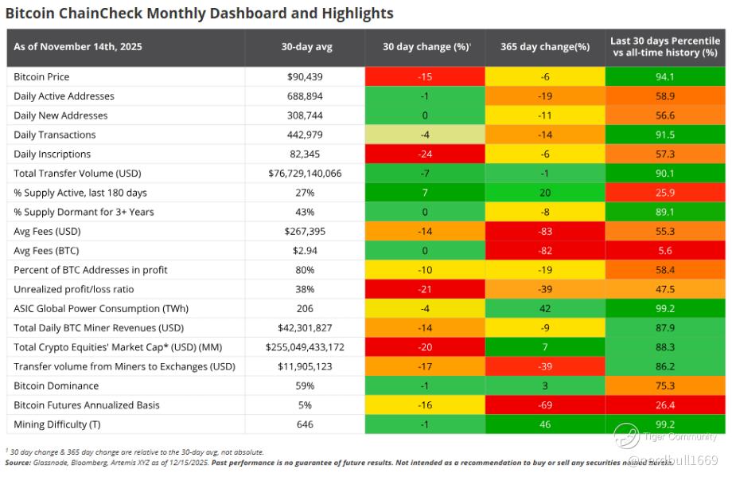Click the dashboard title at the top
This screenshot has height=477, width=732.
point(200,14)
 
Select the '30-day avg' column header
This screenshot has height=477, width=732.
point(306,47)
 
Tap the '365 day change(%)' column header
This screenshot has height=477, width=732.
point(545,47)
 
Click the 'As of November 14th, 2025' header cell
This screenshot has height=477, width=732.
point(78,47)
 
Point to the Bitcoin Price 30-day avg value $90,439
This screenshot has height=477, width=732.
point(306,76)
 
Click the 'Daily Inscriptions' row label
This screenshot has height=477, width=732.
point(53,154)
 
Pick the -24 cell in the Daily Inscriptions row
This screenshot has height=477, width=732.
point(425,154)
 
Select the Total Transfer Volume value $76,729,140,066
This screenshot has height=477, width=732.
point(306,173)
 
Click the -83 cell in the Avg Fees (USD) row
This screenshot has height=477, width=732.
point(545,231)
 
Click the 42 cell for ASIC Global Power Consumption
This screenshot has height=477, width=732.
point(545,308)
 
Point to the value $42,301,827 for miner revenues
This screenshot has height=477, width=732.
point(306,327)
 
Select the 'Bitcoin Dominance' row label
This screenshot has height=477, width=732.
point(56,385)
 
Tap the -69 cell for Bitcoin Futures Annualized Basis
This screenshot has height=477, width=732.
point(545,405)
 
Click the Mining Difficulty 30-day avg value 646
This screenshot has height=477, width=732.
point(306,424)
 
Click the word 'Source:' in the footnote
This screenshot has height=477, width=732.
point(18,462)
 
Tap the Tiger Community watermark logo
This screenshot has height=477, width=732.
point(626,436)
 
